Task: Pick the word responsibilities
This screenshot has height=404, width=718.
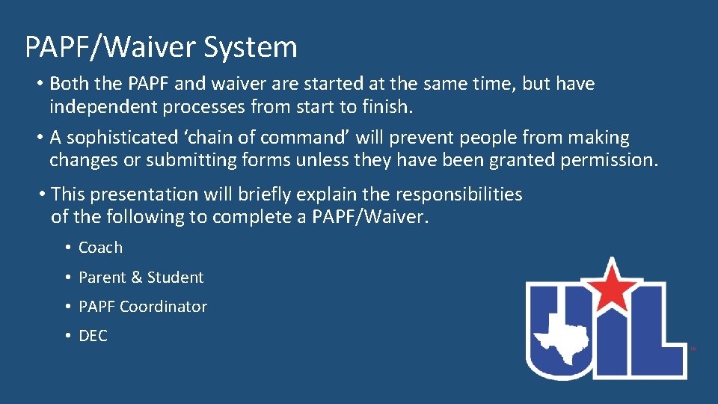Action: pos(457,195)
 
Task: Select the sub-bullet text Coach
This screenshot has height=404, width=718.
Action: pos(100,248)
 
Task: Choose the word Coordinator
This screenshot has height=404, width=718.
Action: pos(163,307)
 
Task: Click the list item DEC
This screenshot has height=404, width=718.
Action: pos(93,337)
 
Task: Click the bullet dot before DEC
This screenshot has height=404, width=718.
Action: pos(67,337)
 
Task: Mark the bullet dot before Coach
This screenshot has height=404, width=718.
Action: pos(67,248)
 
